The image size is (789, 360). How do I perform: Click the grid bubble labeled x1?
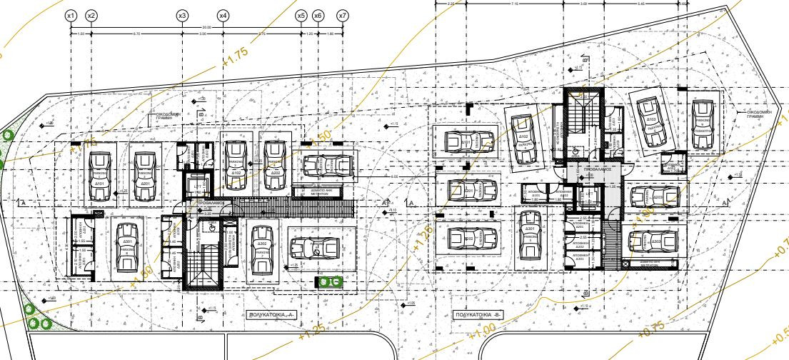(x=70, y=15)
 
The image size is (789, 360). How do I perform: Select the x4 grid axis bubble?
(x=223, y=15)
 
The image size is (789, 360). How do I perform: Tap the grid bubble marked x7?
(x=343, y=15)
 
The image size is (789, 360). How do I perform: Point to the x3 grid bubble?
(x=182, y=15)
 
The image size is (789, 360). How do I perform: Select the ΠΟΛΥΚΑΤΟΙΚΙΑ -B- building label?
(x=477, y=314)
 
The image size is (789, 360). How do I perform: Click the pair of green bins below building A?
(x=329, y=282)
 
